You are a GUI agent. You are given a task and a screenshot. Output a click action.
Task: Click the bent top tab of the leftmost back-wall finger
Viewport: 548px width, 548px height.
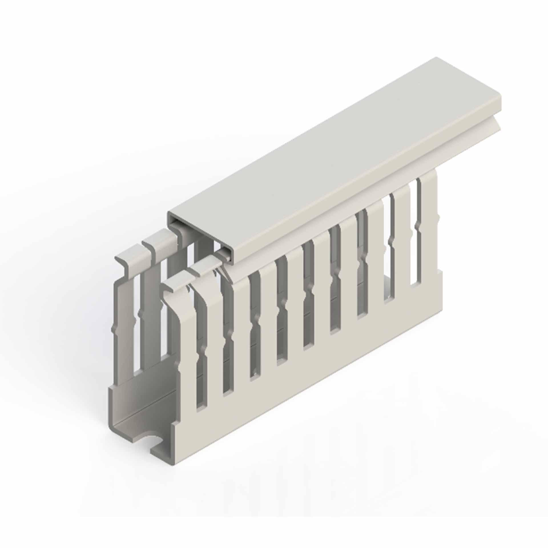pyautogui.click(x=126, y=261)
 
